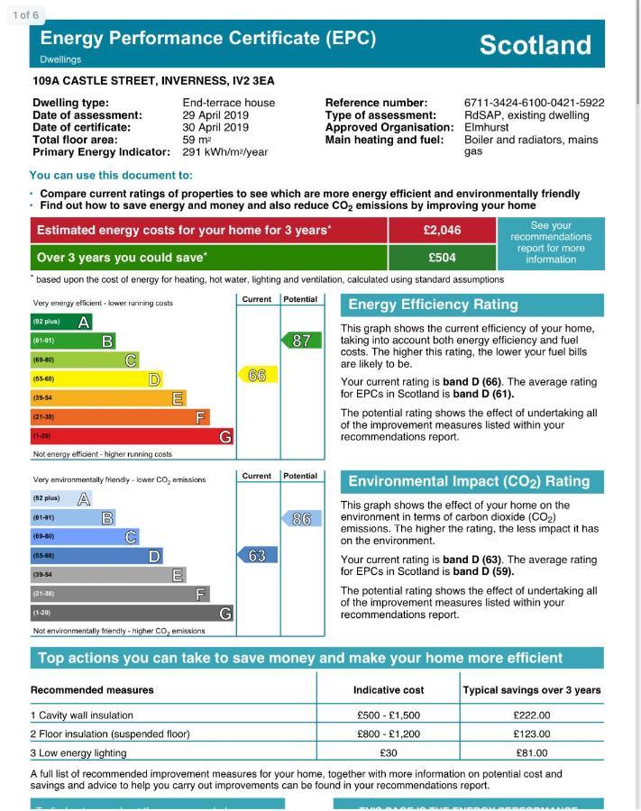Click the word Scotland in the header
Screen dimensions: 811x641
535,45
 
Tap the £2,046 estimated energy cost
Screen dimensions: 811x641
442,231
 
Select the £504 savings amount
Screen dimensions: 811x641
442,258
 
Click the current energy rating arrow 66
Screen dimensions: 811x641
257,375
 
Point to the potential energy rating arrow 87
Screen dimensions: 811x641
301,341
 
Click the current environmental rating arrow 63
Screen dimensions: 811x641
257,555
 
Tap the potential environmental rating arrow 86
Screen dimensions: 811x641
301,519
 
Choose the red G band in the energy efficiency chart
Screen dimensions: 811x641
132,437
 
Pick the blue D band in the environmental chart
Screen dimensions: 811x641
96,556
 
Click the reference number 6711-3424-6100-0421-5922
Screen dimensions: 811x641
534,104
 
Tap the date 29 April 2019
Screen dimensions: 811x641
215,115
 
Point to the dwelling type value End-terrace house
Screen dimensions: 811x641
228,104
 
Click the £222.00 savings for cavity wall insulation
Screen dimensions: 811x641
531,715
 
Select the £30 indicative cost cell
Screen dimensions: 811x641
388,753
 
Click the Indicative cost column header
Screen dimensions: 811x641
388,690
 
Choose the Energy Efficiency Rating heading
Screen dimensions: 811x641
433,305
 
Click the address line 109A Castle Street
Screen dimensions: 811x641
153,81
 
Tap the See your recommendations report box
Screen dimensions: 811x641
550,243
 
